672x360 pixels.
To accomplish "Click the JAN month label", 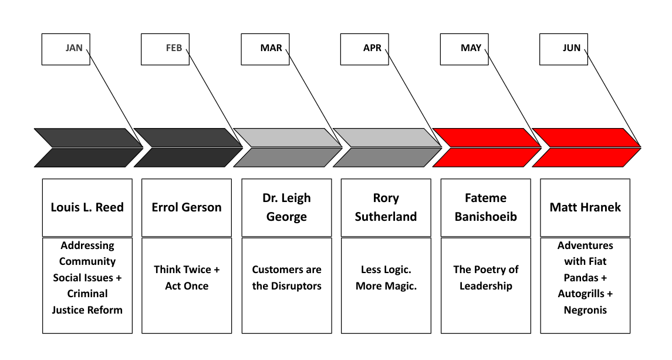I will click(74, 48).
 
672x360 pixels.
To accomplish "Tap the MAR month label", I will click(271, 48).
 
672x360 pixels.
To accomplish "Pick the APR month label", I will click(372, 48).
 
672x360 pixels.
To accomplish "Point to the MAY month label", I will click(471, 48).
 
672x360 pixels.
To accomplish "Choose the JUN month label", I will click(571, 48).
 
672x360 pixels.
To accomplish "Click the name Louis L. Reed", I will click(87, 207).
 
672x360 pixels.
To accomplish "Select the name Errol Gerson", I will click(187, 207).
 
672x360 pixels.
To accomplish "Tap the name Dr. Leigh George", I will click(286, 207).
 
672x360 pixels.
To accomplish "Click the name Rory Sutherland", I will click(386, 207).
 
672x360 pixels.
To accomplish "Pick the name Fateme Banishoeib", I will click(486, 207).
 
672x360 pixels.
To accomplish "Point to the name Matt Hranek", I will click(585, 207).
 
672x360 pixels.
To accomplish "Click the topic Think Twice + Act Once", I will click(187, 278).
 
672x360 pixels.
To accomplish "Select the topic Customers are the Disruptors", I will click(286, 278).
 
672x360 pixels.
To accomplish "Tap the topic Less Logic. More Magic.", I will click(386, 278).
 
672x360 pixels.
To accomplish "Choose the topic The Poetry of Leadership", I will click(486, 278).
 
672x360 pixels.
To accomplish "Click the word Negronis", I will click(585, 310).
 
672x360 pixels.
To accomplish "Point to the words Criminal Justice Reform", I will click(87, 301).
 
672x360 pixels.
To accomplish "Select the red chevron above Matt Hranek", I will click(586, 147).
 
